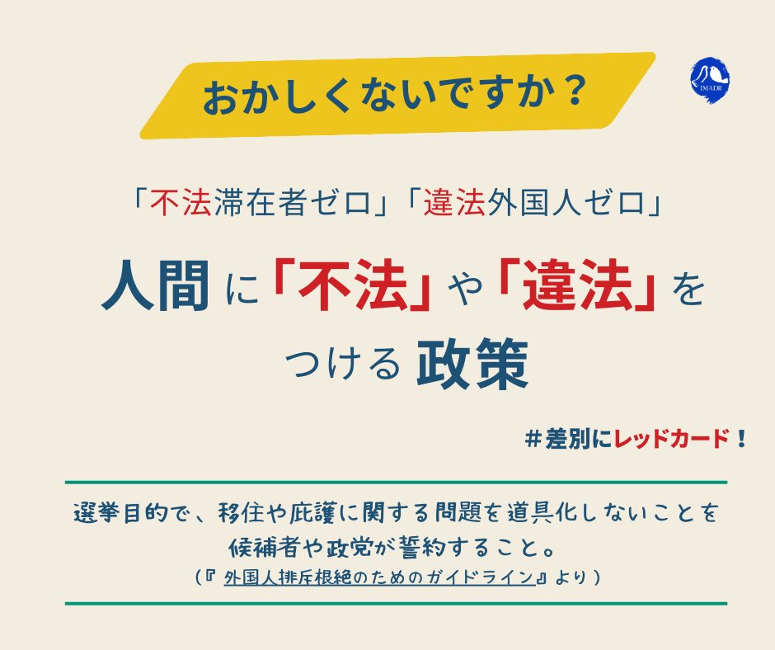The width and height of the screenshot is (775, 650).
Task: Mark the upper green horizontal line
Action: point(395,481)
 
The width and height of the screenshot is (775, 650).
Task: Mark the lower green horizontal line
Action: point(395,603)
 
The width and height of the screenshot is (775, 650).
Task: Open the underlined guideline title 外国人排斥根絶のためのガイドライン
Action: point(379,577)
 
